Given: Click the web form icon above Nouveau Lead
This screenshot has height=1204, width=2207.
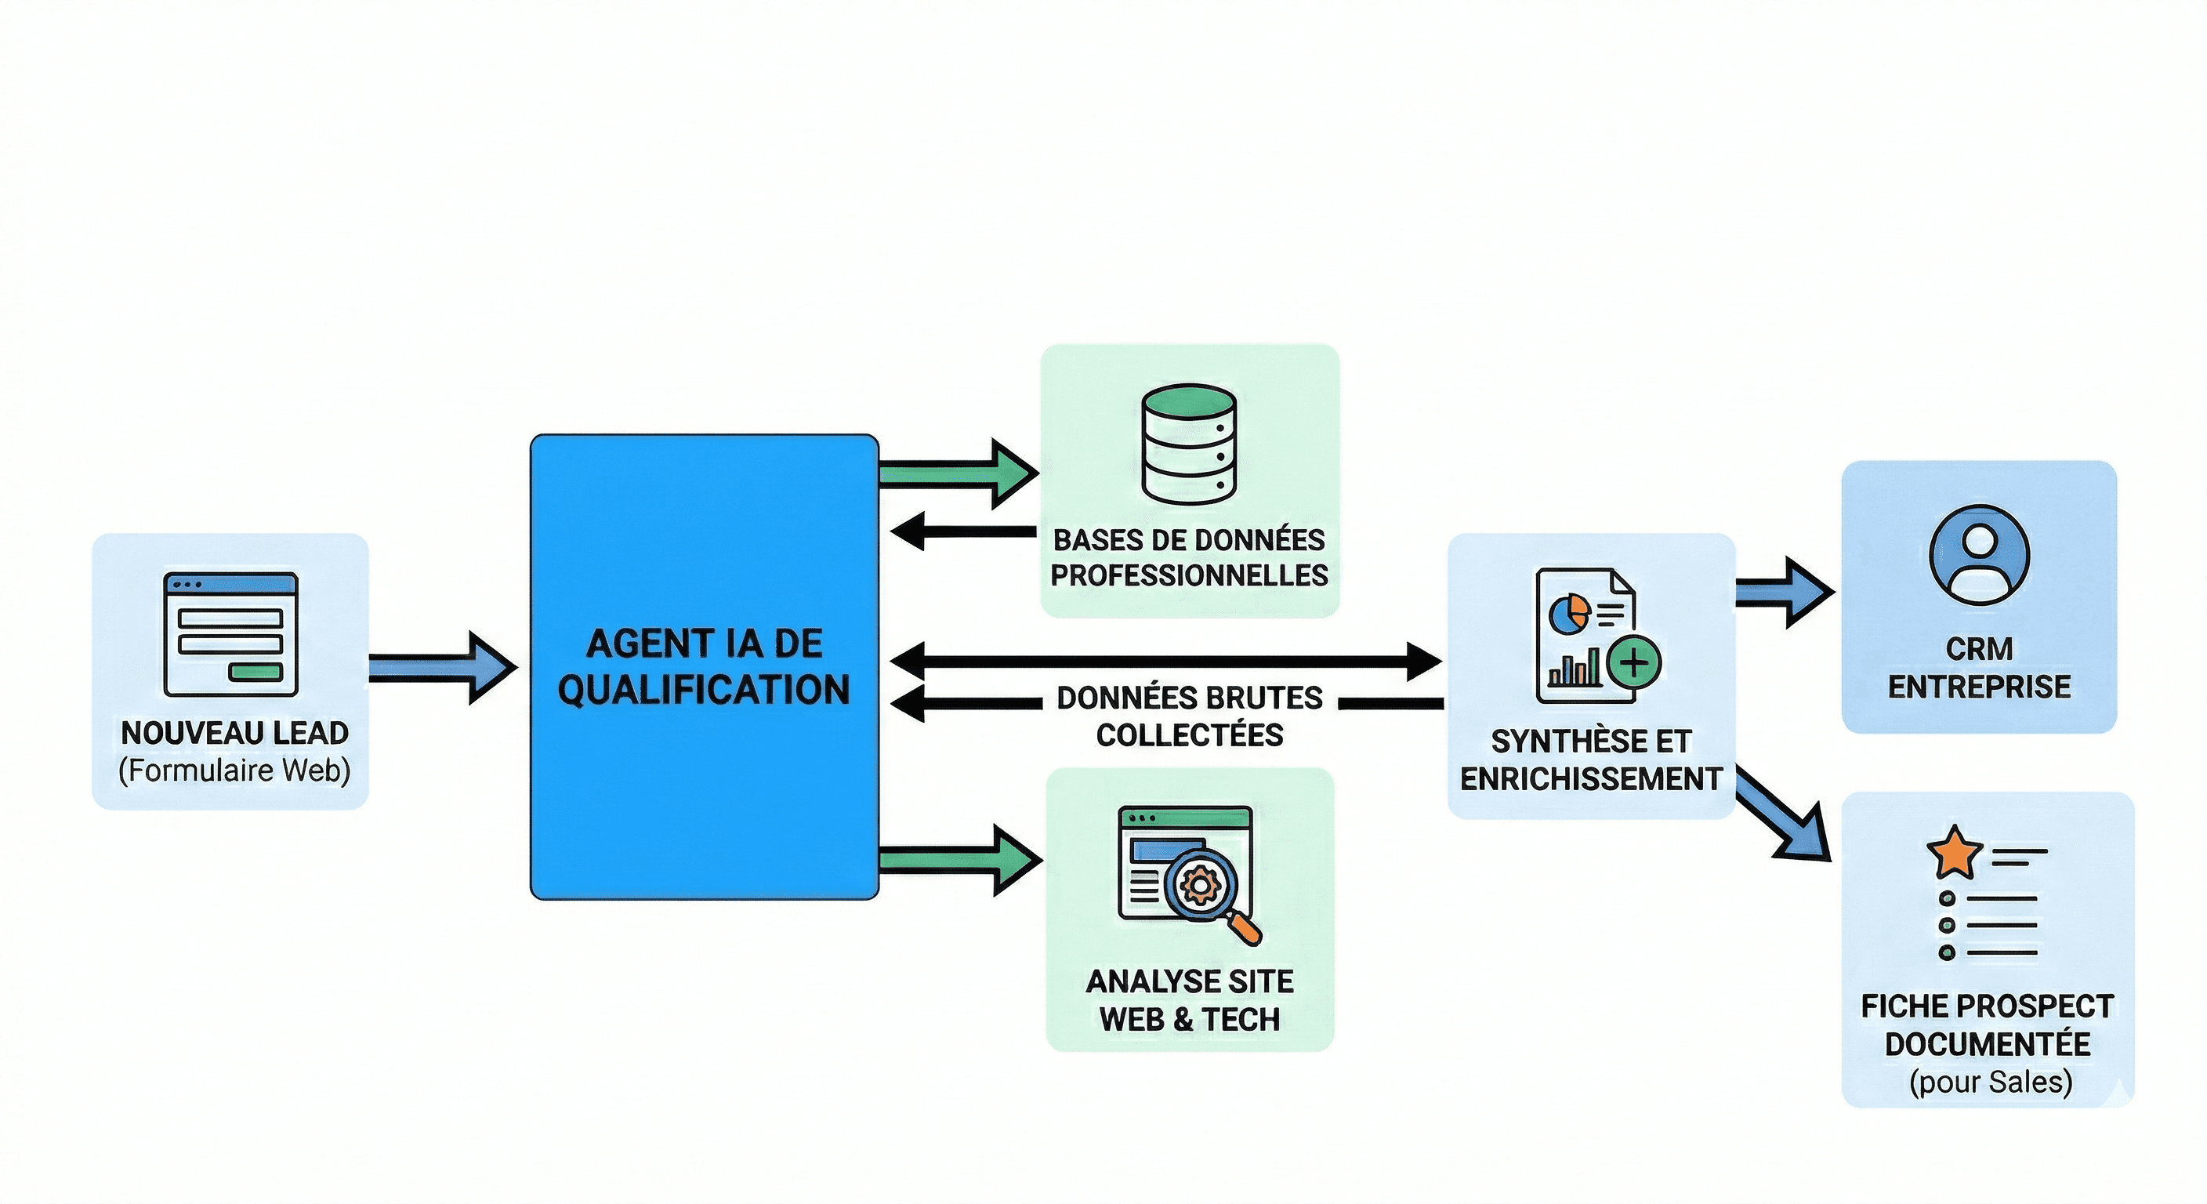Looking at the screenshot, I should [x=230, y=635].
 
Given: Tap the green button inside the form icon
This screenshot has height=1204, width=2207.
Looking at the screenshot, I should [x=256, y=672].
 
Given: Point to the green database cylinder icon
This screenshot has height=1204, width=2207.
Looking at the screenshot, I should [x=1189, y=444].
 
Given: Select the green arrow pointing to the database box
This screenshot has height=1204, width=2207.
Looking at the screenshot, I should [x=959, y=473].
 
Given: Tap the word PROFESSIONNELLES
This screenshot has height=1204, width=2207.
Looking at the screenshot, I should [x=1189, y=575].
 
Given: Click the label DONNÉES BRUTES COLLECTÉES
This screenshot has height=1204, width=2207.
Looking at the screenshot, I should [x=1189, y=716].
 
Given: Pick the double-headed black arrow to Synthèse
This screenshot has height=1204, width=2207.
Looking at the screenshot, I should [x=1165, y=661].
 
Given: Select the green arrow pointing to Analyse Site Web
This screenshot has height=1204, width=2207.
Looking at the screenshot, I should [x=960, y=860].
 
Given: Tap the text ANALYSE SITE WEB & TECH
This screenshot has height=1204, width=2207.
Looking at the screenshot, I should [x=1189, y=1000].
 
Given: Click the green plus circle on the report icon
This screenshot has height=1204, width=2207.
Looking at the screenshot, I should [x=1634, y=662].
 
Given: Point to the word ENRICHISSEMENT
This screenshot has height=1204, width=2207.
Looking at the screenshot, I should [x=1591, y=779].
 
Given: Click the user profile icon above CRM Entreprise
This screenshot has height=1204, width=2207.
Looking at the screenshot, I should [x=1979, y=555].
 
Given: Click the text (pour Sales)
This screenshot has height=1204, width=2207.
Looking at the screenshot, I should [x=1990, y=1083].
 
